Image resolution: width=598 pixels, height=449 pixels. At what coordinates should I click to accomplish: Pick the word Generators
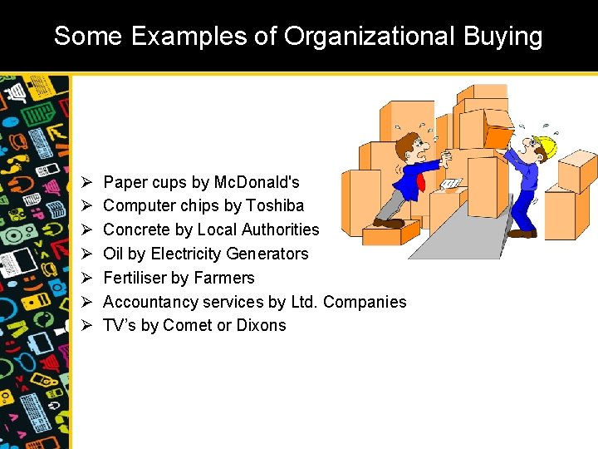coord(267,254)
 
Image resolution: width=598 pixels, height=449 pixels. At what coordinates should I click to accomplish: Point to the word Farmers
coord(223,278)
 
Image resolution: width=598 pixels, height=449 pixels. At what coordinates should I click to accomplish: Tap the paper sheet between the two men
coord(451,184)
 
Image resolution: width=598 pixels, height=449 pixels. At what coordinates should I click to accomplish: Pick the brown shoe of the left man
coord(389,223)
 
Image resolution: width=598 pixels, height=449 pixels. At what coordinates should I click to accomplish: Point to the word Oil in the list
coord(113,254)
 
